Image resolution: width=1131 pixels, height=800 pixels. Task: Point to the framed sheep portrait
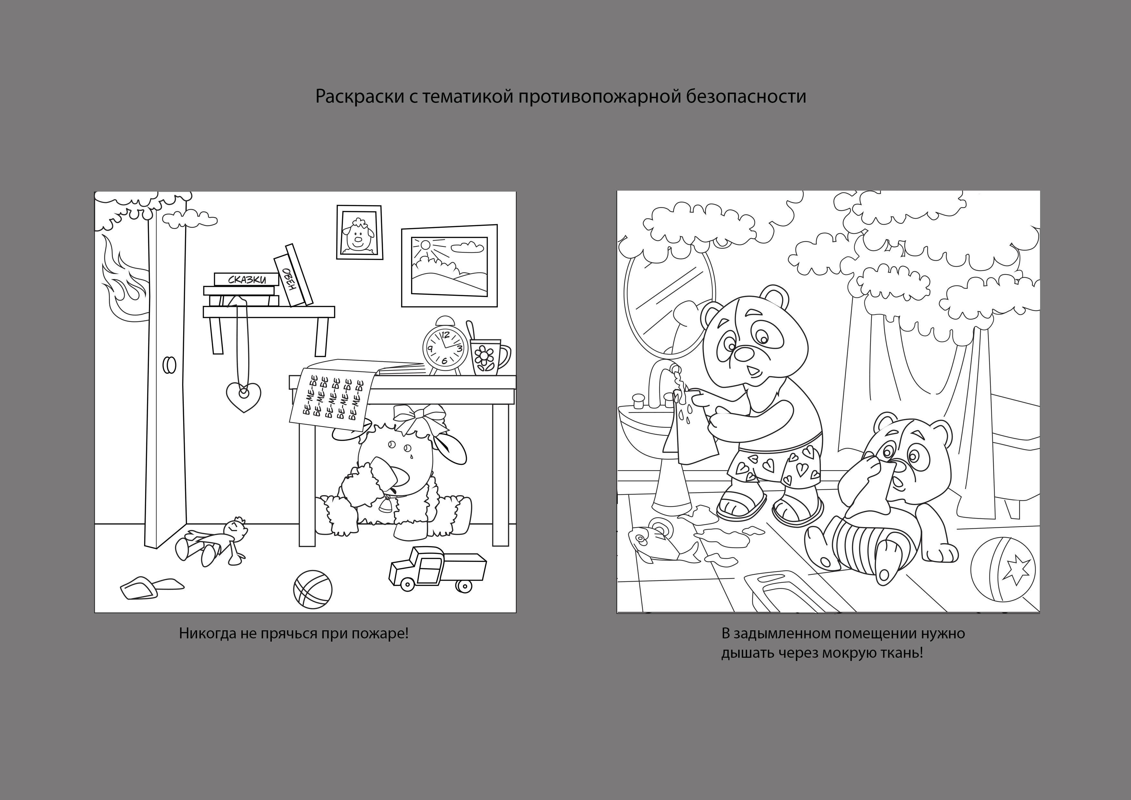pos(359,232)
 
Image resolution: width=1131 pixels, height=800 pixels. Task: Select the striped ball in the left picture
pos(313,590)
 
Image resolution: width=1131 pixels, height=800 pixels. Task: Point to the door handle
pos(170,365)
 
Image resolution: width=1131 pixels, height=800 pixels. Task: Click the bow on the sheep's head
pos(419,418)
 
